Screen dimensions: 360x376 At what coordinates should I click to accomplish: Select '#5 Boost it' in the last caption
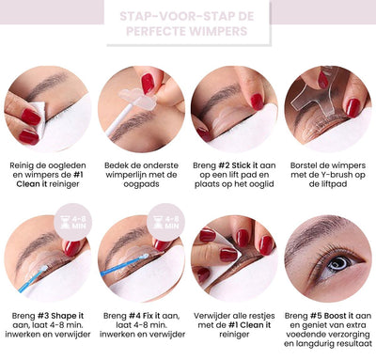click(x=328, y=317)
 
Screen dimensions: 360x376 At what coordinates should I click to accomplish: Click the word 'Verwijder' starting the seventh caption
click(x=216, y=317)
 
